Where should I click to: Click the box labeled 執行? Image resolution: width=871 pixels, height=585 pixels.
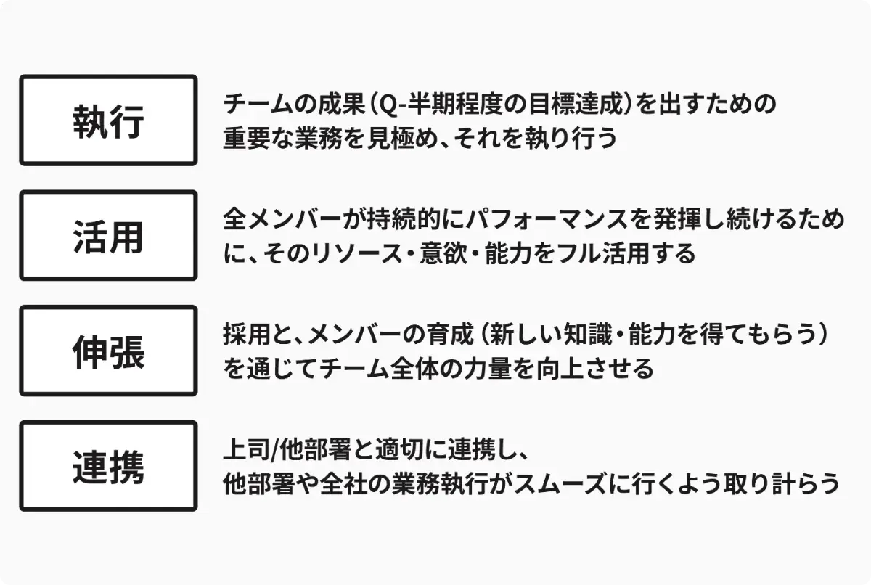click(108, 120)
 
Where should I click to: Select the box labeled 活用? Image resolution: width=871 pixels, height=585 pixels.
click(108, 236)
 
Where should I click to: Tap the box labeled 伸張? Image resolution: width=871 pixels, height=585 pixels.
click(108, 351)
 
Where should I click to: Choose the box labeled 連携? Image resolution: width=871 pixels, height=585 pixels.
click(108, 467)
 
